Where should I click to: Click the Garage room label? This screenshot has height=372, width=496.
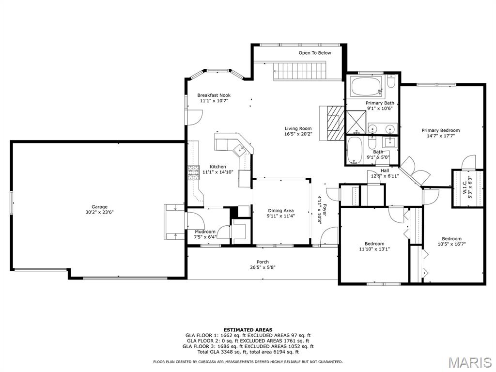[x=99, y=207]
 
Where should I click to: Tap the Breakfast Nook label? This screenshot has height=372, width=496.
[x=214, y=95]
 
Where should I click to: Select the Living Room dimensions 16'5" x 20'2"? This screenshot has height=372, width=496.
[x=298, y=134]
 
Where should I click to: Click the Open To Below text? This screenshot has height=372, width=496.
[x=315, y=53]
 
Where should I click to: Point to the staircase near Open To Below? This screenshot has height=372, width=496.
[x=299, y=72]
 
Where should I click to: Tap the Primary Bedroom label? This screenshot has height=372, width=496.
[x=441, y=130]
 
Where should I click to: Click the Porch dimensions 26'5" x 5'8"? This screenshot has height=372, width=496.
[x=263, y=267]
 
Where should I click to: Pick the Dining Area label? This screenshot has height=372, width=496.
[x=280, y=211]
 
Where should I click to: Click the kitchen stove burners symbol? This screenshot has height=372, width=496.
[x=194, y=173]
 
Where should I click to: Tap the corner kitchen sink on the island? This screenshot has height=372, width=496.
[x=239, y=149]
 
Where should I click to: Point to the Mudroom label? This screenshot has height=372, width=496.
[x=205, y=232]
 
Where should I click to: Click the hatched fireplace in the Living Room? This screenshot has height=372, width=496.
[x=335, y=123]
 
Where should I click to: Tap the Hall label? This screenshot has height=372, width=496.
[x=385, y=170]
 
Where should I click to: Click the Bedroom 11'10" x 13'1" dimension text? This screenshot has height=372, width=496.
[x=374, y=249]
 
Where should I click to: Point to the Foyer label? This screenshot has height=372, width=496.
[x=324, y=211]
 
